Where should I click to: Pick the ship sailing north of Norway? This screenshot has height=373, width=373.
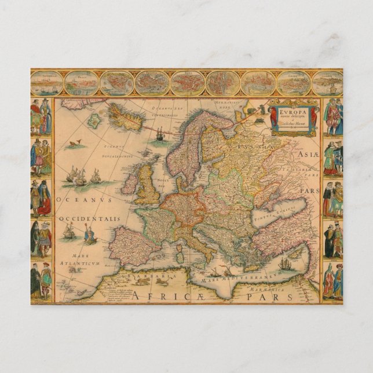click(160, 136)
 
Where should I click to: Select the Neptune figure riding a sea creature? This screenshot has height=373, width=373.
click(89, 233)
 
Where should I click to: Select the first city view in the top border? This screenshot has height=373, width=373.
click(47, 83)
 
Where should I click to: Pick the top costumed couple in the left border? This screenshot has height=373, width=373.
click(41, 116)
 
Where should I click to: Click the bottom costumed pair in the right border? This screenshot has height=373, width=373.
click(332, 280)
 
